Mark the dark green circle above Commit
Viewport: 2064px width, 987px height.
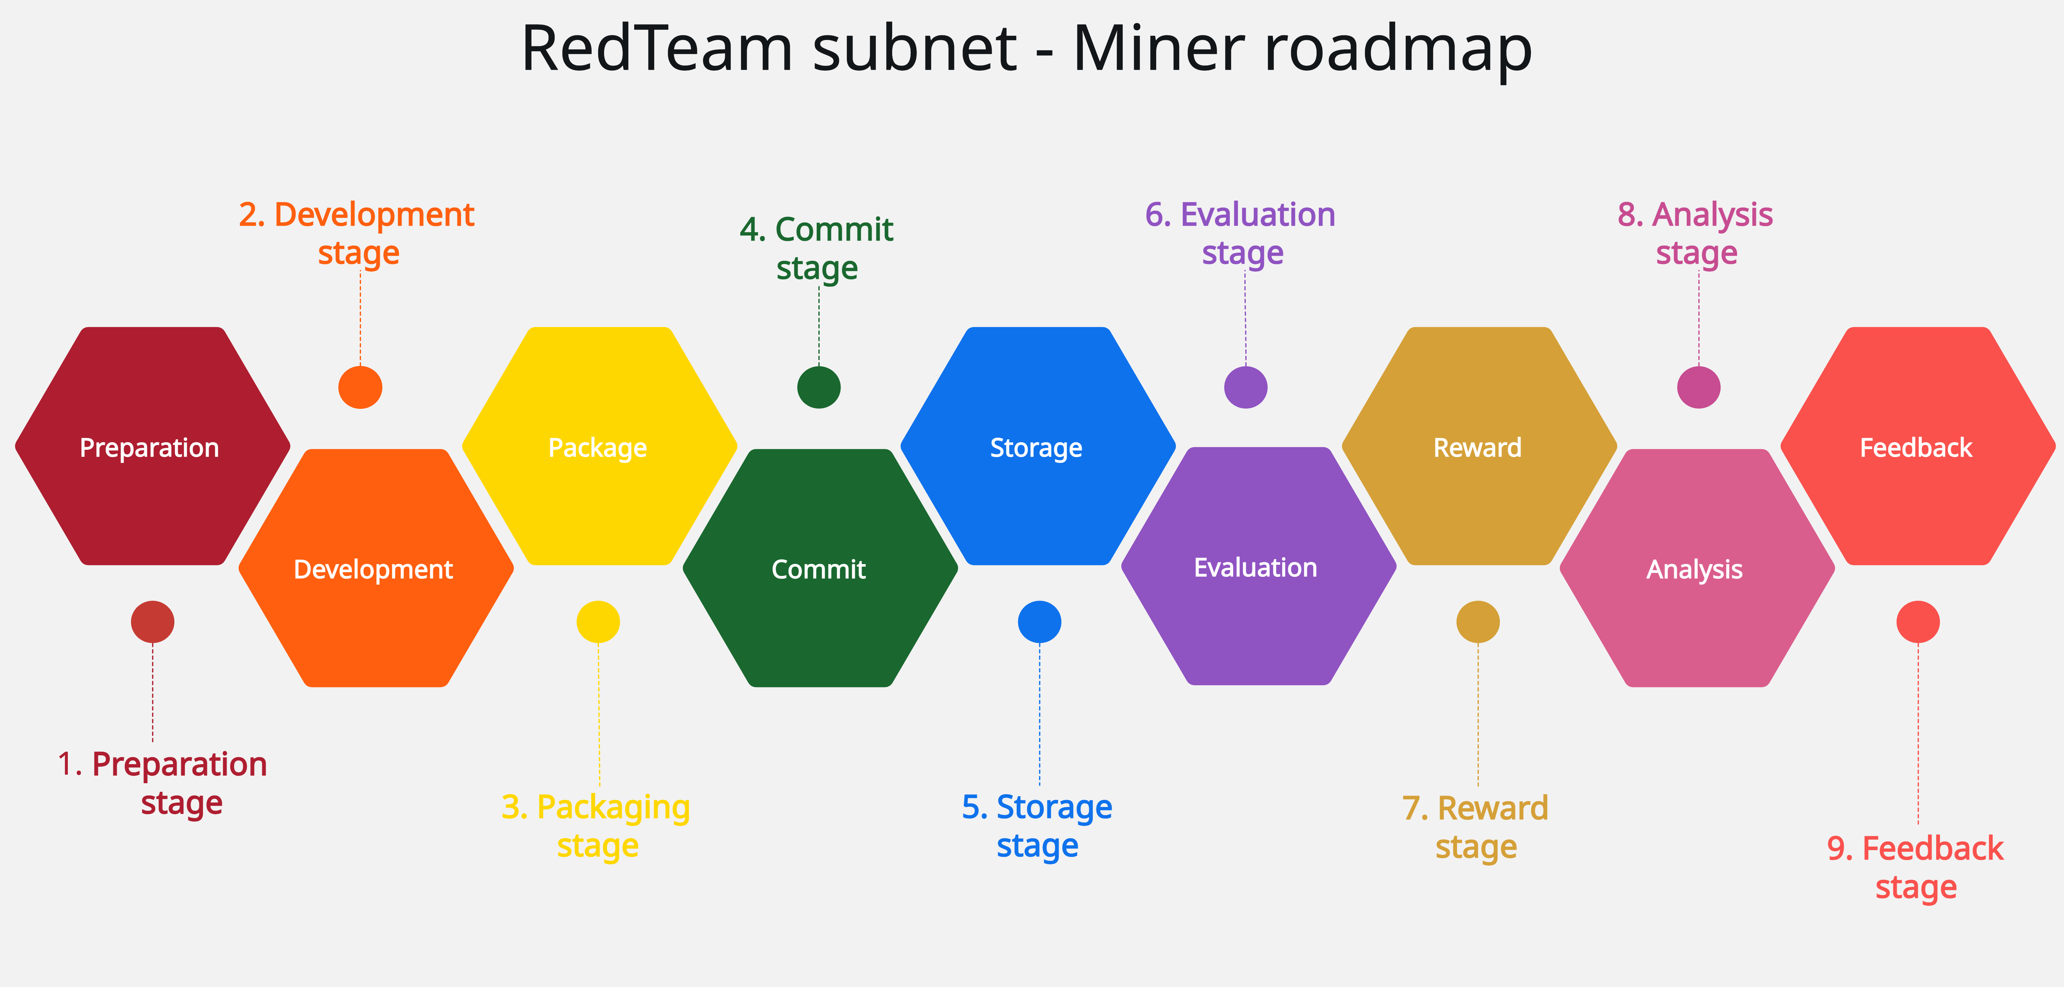click(x=819, y=388)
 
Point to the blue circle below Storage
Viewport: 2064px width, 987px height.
click(x=1039, y=622)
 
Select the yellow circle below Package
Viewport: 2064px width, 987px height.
click(x=598, y=622)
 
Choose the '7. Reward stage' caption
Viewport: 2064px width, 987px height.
click(x=1476, y=827)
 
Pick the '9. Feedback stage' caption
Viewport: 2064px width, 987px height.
click(x=1916, y=868)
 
